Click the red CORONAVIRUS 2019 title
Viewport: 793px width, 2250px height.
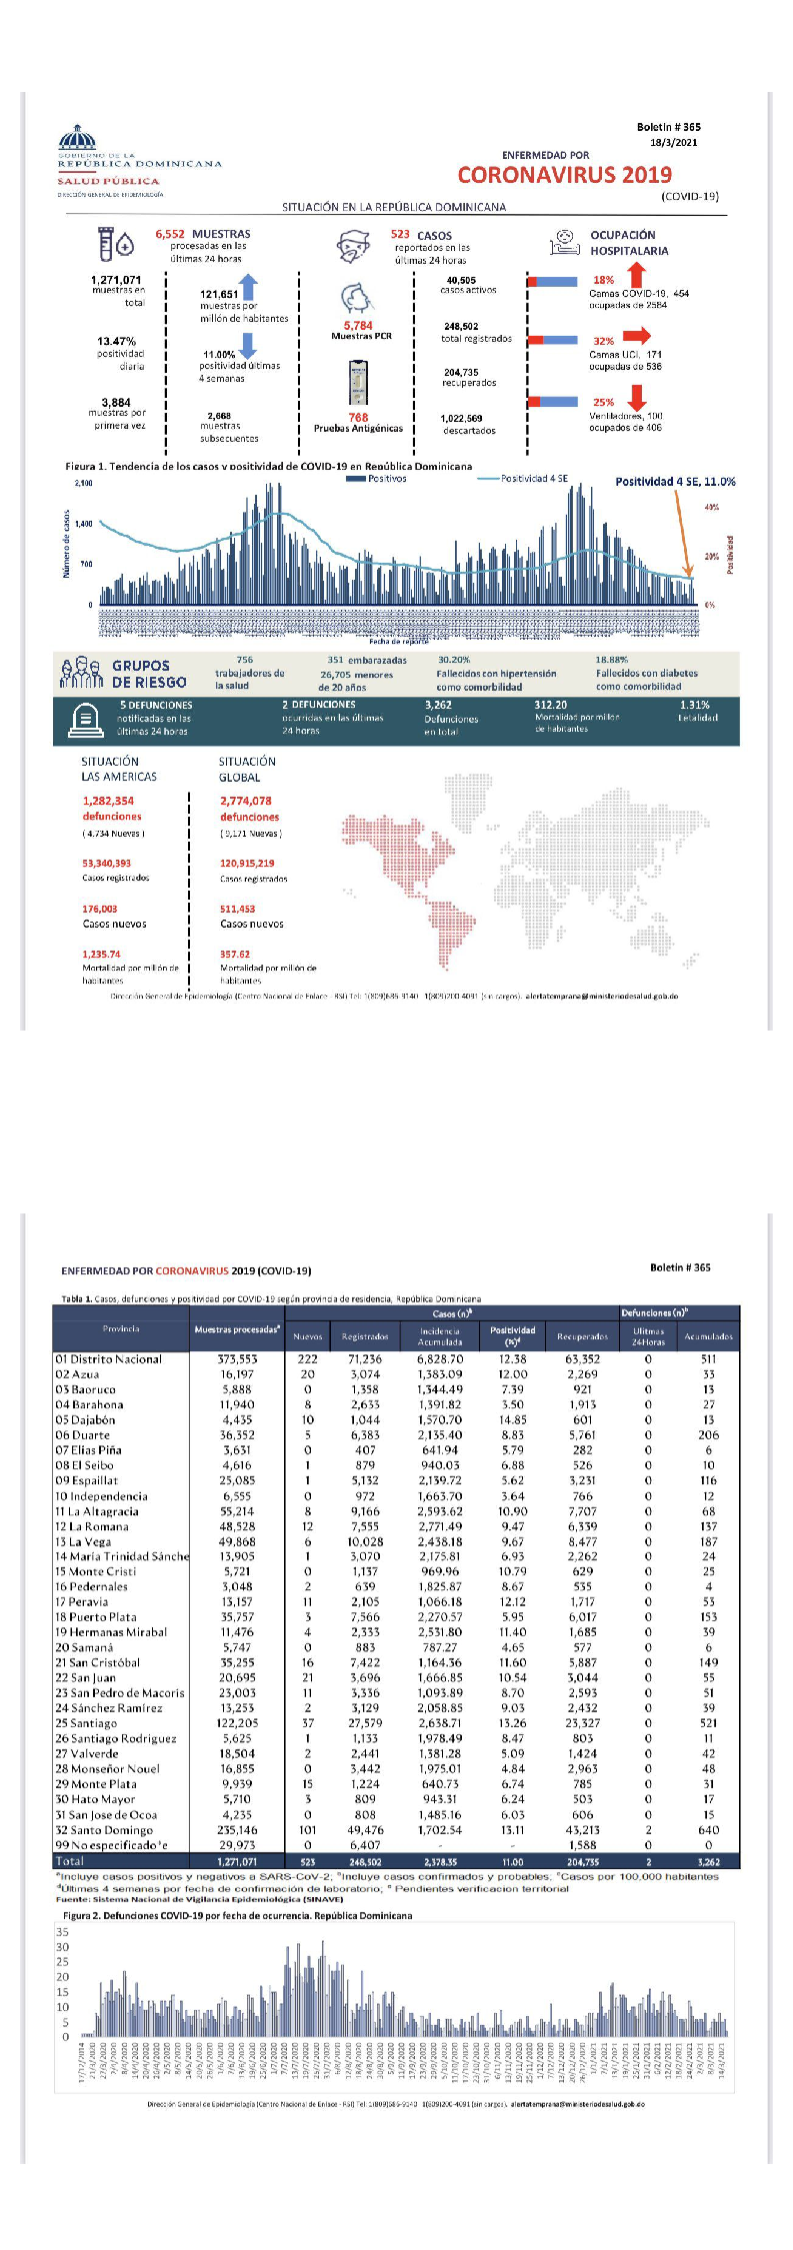pos(564,175)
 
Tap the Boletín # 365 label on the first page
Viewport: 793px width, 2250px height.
pos(668,127)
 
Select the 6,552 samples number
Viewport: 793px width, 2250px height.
pos(170,234)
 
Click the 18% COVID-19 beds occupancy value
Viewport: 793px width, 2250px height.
pos(603,280)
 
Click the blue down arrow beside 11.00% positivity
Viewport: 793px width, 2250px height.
pos(248,345)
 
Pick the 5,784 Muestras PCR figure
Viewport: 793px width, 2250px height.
pos(358,326)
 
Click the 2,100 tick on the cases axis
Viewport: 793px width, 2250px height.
pos(83,484)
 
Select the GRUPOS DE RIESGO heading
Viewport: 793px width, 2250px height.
pos(149,674)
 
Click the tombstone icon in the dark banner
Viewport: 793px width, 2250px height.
pos(85,719)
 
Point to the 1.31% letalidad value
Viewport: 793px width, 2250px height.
pos(694,705)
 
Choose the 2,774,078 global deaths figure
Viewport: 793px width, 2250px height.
pos(246,801)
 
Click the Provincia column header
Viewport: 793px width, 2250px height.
pos(121,1328)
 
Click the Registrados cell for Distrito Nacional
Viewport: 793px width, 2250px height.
pos(365,1359)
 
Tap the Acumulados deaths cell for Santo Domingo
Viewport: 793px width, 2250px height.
pos(708,1830)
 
